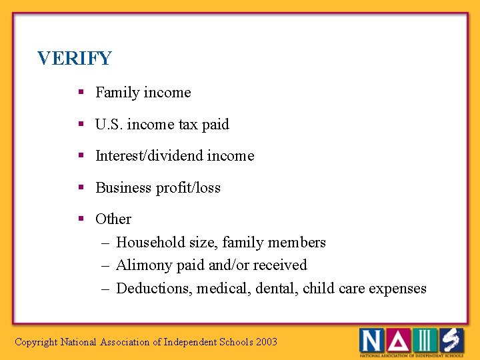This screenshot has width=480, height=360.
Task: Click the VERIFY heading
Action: tap(75, 59)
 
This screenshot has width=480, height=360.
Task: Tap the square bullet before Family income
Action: tap(80, 93)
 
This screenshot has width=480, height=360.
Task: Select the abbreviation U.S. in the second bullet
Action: tap(109, 124)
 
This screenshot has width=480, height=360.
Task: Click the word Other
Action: tap(113, 219)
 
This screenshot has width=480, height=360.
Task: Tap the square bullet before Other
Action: tap(80, 219)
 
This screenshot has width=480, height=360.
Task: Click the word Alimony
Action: tap(143, 265)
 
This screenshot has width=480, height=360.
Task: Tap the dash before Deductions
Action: tap(105, 288)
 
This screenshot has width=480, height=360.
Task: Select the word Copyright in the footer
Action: tap(36, 342)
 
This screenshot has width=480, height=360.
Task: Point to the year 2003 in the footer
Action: tap(266, 342)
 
